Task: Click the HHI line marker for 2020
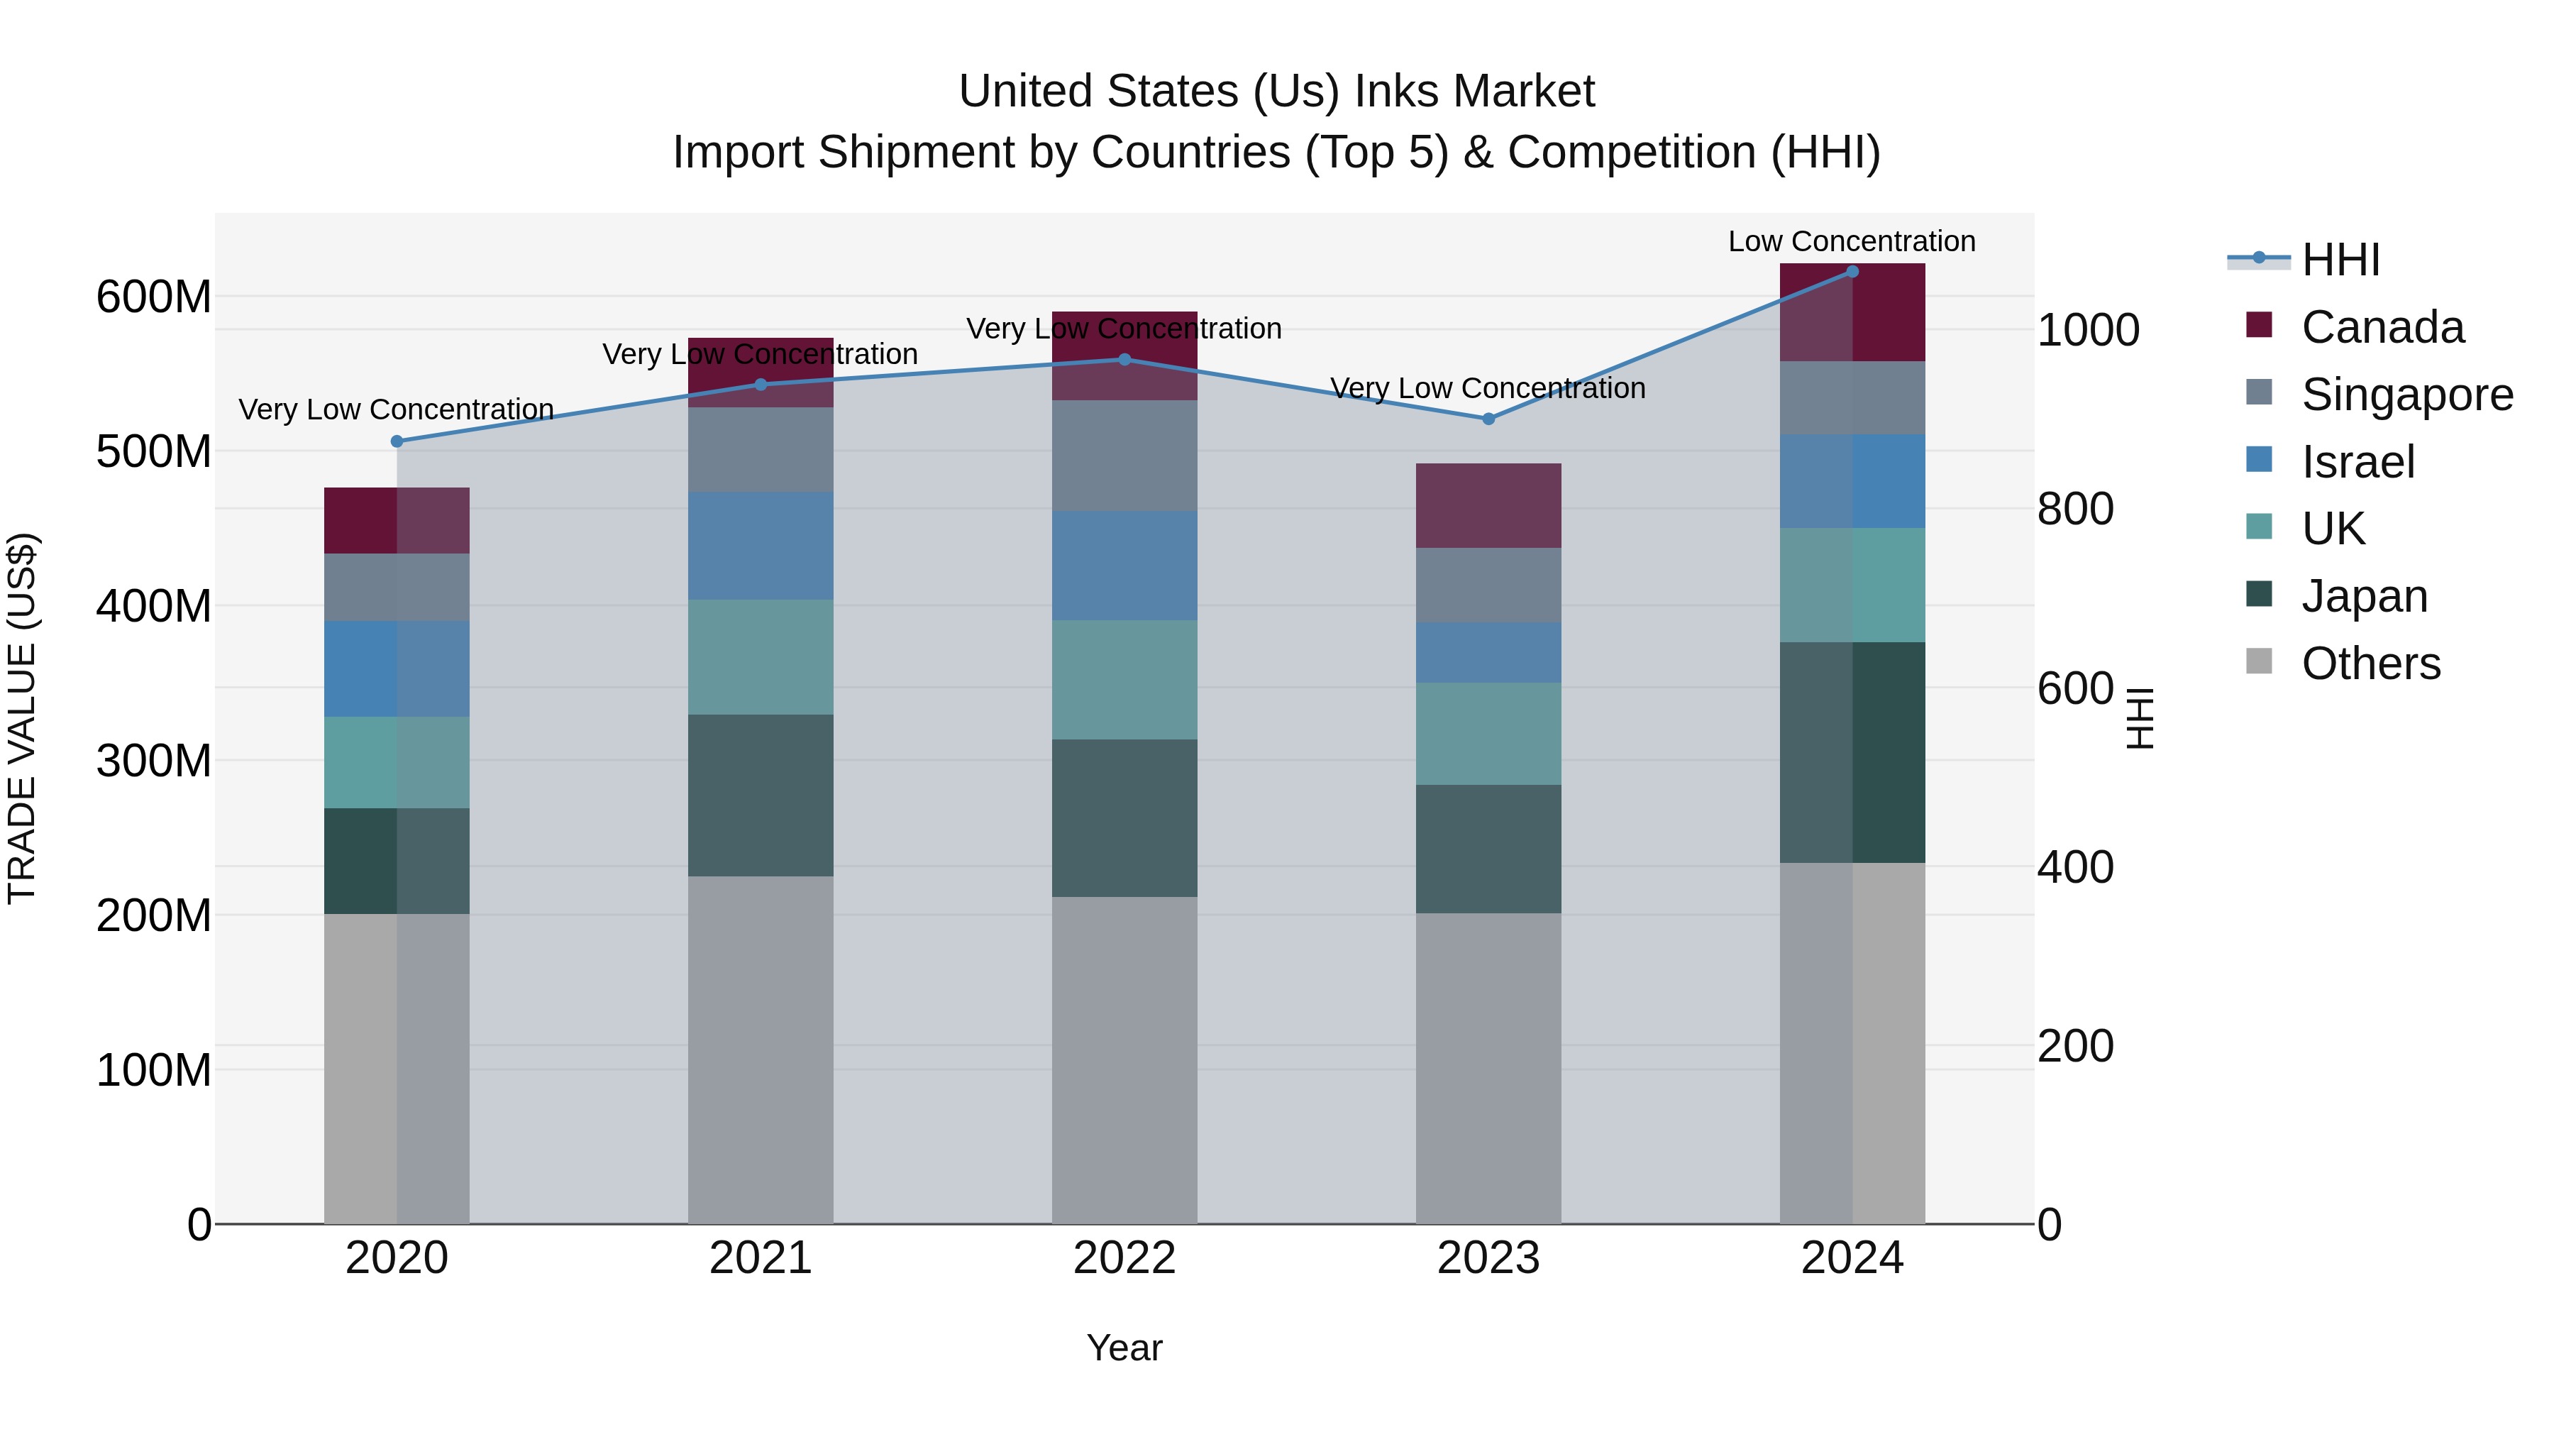[x=397, y=441]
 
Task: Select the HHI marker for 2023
[x=1488, y=419]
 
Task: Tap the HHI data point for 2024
[x=1852, y=272]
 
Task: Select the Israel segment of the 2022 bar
[x=1124, y=566]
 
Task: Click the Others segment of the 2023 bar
[x=1488, y=1068]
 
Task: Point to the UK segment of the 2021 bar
[x=761, y=656]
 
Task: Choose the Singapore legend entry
[x=2406, y=395]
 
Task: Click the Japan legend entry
[x=2364, y=596]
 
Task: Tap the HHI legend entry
[x=2340, y=260]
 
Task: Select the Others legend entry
[x=2370, y=664]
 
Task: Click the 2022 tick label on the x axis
[x=1124, y=1258]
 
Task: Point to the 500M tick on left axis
[x=154, y=452]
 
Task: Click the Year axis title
[x=1124, y=1348]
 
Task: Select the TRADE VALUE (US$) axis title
[x=23, y=718]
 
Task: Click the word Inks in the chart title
[x=1397, y=92]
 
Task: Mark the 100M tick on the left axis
[x=154, y=1070]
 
